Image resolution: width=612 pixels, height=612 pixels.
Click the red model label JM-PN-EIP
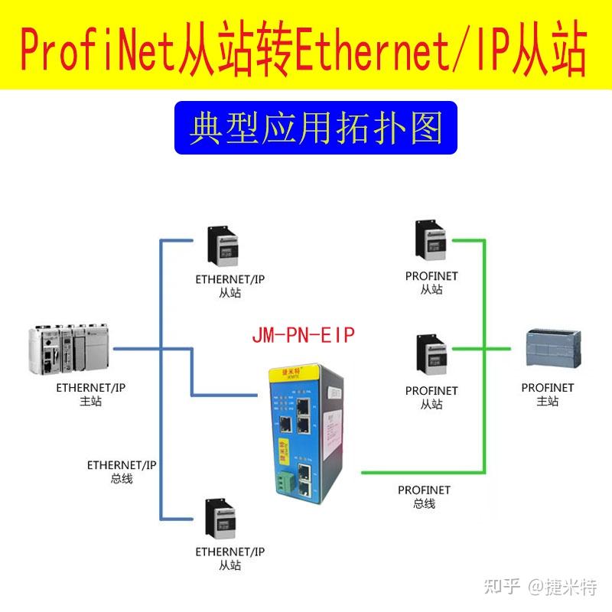[304, 335]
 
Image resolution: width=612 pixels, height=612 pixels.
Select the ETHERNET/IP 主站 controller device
[68, 349]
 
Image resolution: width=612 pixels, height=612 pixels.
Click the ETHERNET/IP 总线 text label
[122, 471]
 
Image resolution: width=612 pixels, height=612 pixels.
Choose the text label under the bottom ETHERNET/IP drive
[229, 558]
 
